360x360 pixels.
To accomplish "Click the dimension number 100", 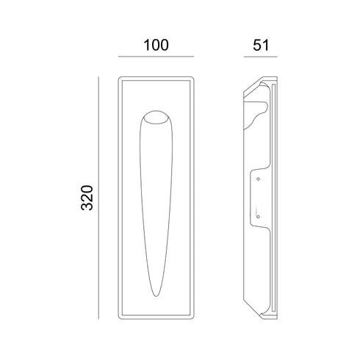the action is click(x=156, y=45).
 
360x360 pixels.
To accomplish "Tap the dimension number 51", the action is click(x=261, y=46).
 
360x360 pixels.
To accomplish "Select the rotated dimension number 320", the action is click(x=87, y=198).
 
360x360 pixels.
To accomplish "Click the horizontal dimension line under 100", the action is click(x=156, y=57).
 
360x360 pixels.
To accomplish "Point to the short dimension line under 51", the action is click(x=260, y=57).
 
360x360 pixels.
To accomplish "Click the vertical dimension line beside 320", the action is click(x=98, y=198).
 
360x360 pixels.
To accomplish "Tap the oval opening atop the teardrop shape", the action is click(x=156, y=118).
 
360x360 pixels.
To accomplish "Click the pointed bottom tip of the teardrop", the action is click(x=156, y=296).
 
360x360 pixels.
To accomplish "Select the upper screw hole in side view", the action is click(x=258, y=179).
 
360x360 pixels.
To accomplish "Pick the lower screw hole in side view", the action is click(x=258, y=217).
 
